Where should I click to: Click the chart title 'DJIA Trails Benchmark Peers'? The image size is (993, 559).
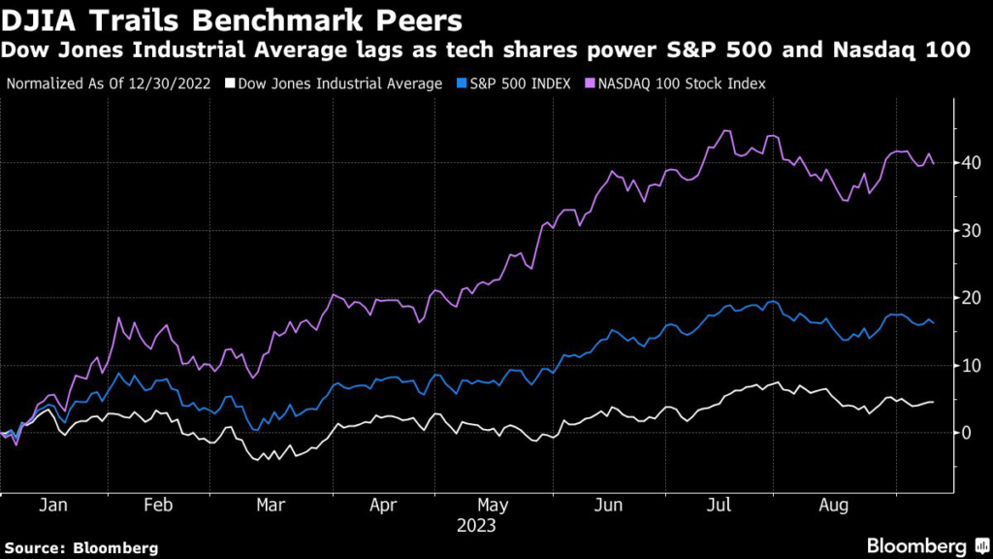click(x=233, y=19)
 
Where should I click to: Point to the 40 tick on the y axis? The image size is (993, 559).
click(x=967, y=162)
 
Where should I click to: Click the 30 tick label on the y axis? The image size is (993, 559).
click(x=967, y=230)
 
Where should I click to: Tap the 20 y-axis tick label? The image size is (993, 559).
click(x=967, y=298)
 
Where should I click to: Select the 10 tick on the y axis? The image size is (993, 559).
click(x=967, y=366)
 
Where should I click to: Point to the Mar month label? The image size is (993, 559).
click(x=270, y=506)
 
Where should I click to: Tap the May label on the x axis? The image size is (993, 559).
click(x=494, y=506)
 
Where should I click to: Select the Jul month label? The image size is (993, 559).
click(x=719, y=506)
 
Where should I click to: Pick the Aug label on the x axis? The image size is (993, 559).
click(x=834, y=506)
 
